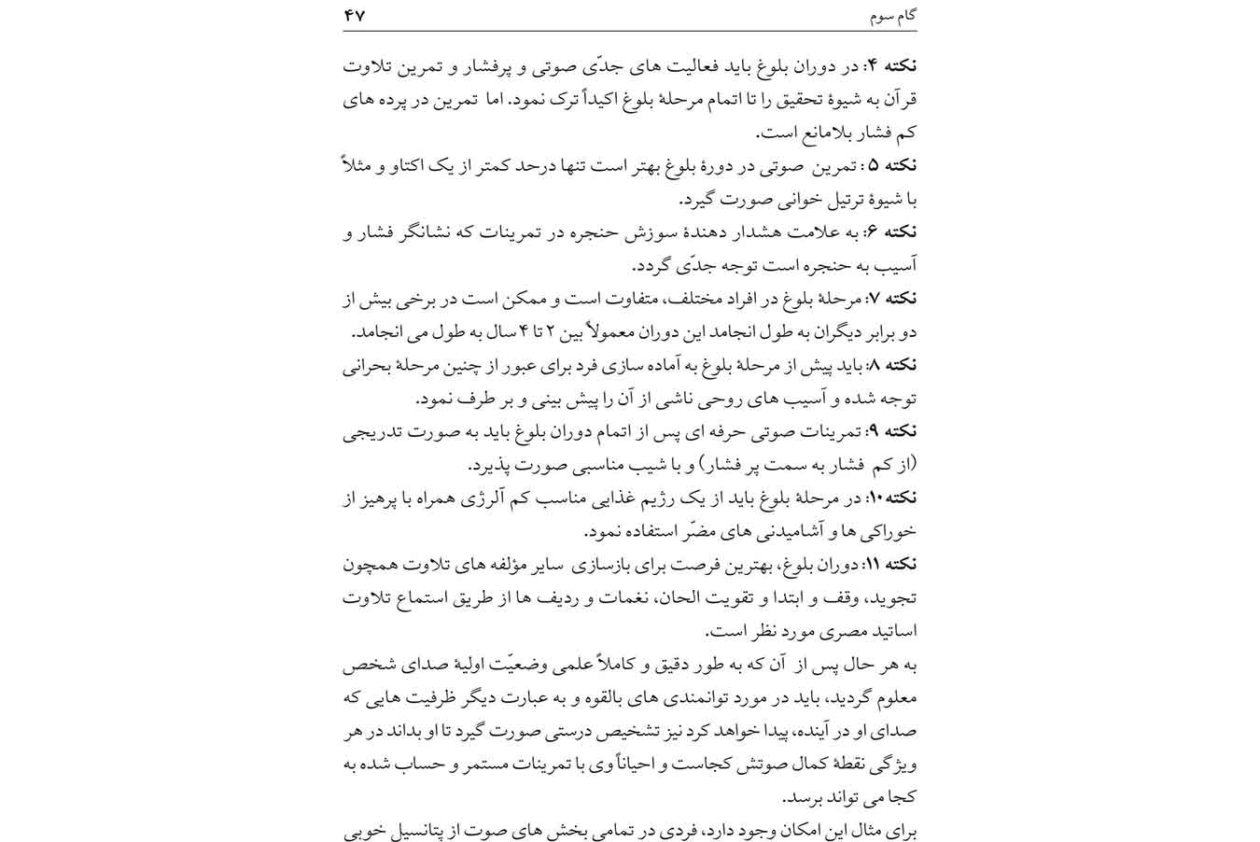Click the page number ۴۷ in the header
(x=356, y=17)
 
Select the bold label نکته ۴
(x=893, y=65)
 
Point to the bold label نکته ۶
(x=893, y=232)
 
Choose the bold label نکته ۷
(x=893, y=299)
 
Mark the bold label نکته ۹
(x=893, y=431)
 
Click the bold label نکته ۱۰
(x=891, y=498)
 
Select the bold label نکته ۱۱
(x=891, y=564)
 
